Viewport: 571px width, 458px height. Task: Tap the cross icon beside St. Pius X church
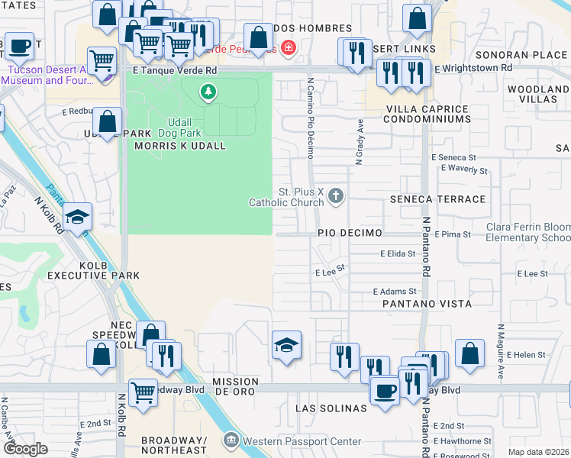pyautogui.click(x=334, y=197)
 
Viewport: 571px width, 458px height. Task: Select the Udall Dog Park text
pyautogui.click(x=181, y=127)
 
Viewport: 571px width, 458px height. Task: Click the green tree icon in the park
pyautogui.click(x=207, y=92)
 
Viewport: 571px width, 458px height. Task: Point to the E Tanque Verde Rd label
pyautogui.click(x=175, y=69)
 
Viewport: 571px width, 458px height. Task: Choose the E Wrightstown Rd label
pyautogui.click(x=473, y=68)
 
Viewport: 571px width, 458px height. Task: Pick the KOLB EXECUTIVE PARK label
pyautogui.click(x=93, y=269)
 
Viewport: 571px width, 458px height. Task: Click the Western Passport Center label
pyautogui.click(x=291, y=441)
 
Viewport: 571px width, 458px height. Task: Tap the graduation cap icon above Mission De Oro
pyautogui.click(x=287, y=346)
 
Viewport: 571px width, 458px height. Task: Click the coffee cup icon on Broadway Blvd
pyautogui.click(x=385, y=390)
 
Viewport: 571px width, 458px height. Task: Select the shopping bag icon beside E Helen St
pyautogui.click(x=469, y=353)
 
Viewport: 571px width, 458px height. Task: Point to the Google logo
pyautogui.click(x=25, y=448)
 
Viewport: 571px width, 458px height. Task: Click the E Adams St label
pyautogui.click(x=395, y=292)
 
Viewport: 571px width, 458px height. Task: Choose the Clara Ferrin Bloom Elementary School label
pyautogui.click(x=529, y=233)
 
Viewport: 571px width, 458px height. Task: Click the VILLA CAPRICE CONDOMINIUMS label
pyautogui.click(x=427, y=114)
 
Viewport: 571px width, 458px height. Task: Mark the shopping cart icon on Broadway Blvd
pyautogui.click(x=143, y=392)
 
